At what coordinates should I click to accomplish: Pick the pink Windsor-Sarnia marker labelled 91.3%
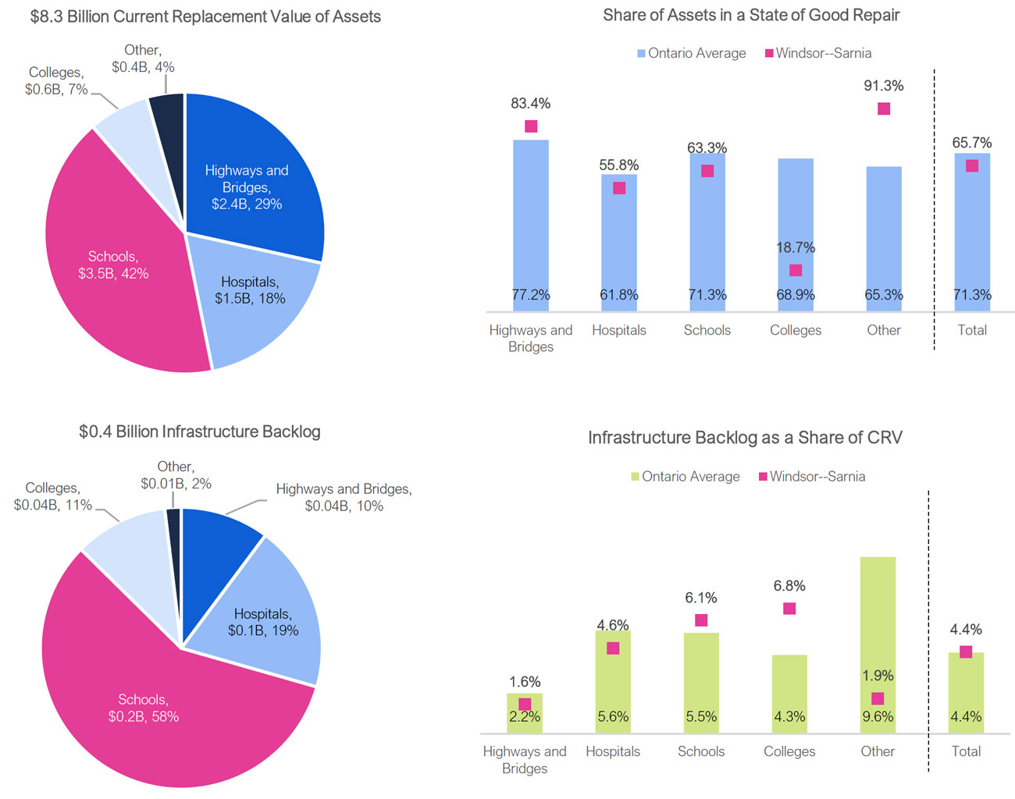[884, 108]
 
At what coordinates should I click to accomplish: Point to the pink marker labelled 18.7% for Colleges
[796, 270]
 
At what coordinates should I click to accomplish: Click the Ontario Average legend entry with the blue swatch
[691, 53]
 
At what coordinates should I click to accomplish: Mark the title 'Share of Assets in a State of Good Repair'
[751, 15]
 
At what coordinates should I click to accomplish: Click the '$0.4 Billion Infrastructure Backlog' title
[200, 431]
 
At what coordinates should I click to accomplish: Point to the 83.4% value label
[531, 103]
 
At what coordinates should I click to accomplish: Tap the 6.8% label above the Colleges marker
[789, 585]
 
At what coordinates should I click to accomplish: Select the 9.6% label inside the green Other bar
[878, 716]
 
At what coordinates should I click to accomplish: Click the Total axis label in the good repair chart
[972, 330]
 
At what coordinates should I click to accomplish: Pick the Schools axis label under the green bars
[701, 751]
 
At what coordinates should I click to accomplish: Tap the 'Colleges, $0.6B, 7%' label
[55, 81]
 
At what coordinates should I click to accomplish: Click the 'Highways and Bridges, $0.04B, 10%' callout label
[344, 497]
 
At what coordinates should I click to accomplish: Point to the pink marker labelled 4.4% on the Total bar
[966, 652]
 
